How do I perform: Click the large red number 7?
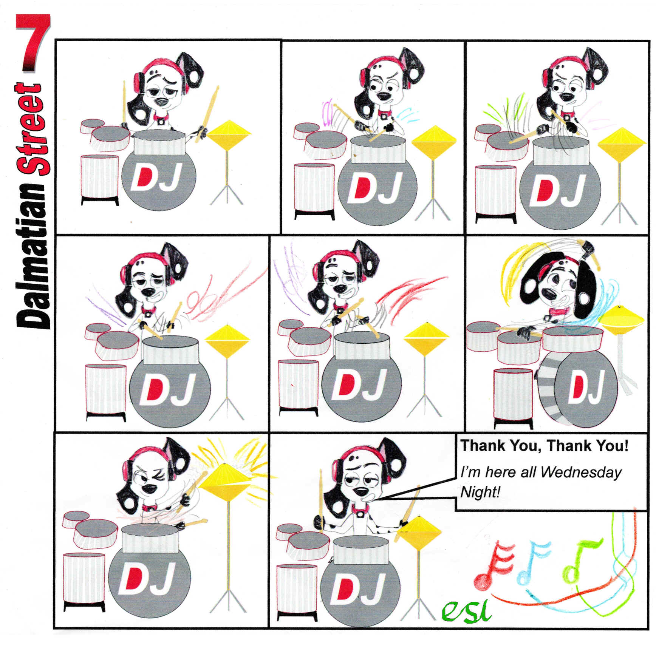pos(33,42)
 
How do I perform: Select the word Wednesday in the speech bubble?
pos(581,473)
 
